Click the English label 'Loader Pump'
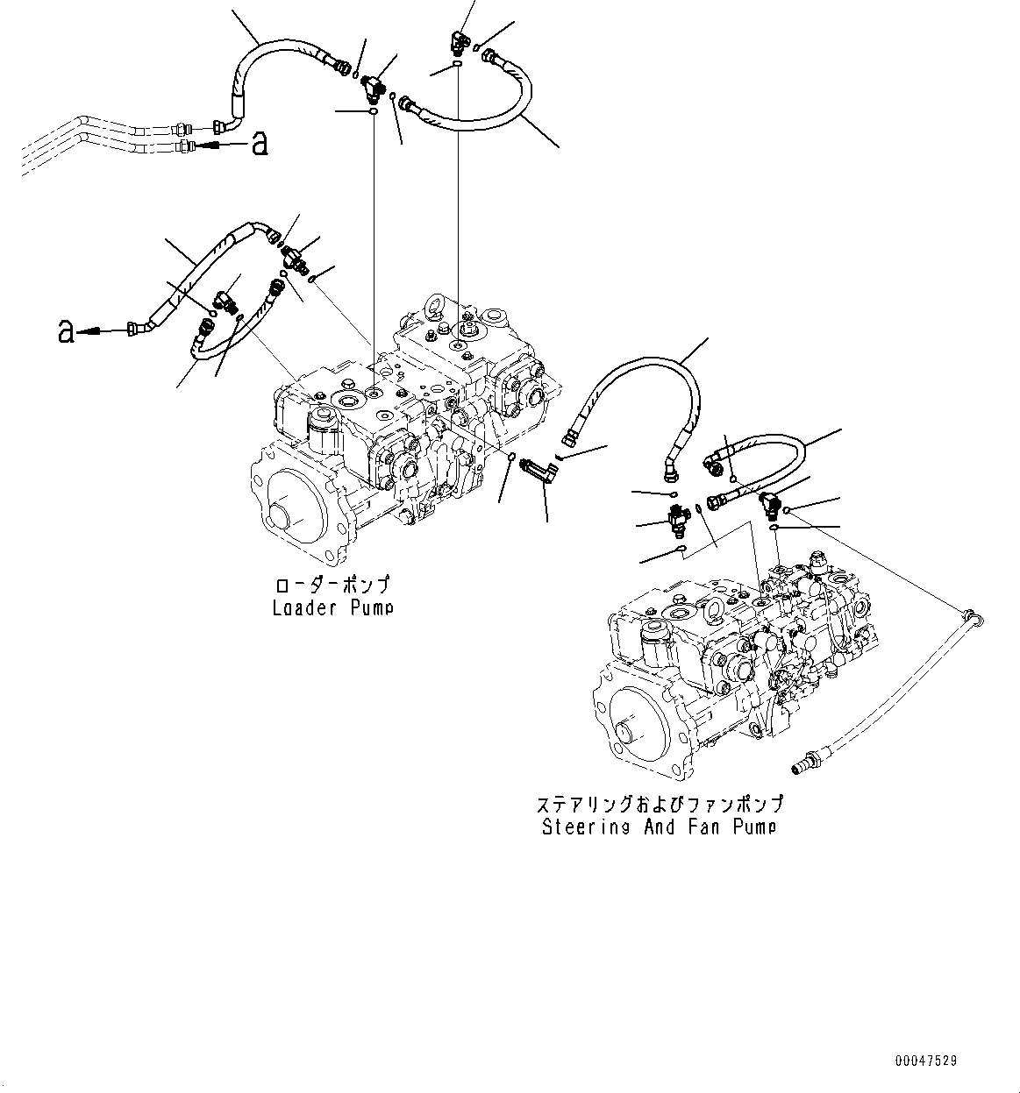click(x=332, y=607)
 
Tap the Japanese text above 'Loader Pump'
click(x=332, y=586)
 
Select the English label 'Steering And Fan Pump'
click(x=659, y=826)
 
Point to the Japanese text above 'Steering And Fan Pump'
click(x=659, y=804)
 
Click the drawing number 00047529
click(x=926, y=1061)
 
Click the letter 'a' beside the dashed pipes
click(x=259, y=143)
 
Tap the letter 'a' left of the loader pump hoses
click(x=65, y=331)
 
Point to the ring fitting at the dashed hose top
click(x=971, y=617)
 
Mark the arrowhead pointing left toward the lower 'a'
click(x=84, y=331)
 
